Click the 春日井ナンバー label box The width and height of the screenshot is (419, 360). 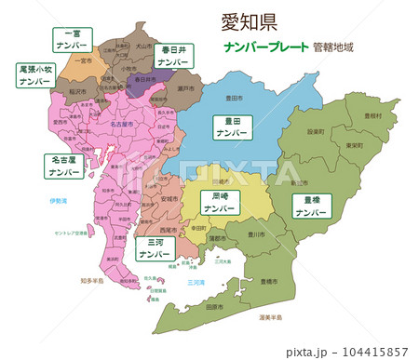tap(174, 55)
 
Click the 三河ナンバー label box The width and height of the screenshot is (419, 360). tap(150, 247)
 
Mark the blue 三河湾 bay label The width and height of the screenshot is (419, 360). tap(196, 281)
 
